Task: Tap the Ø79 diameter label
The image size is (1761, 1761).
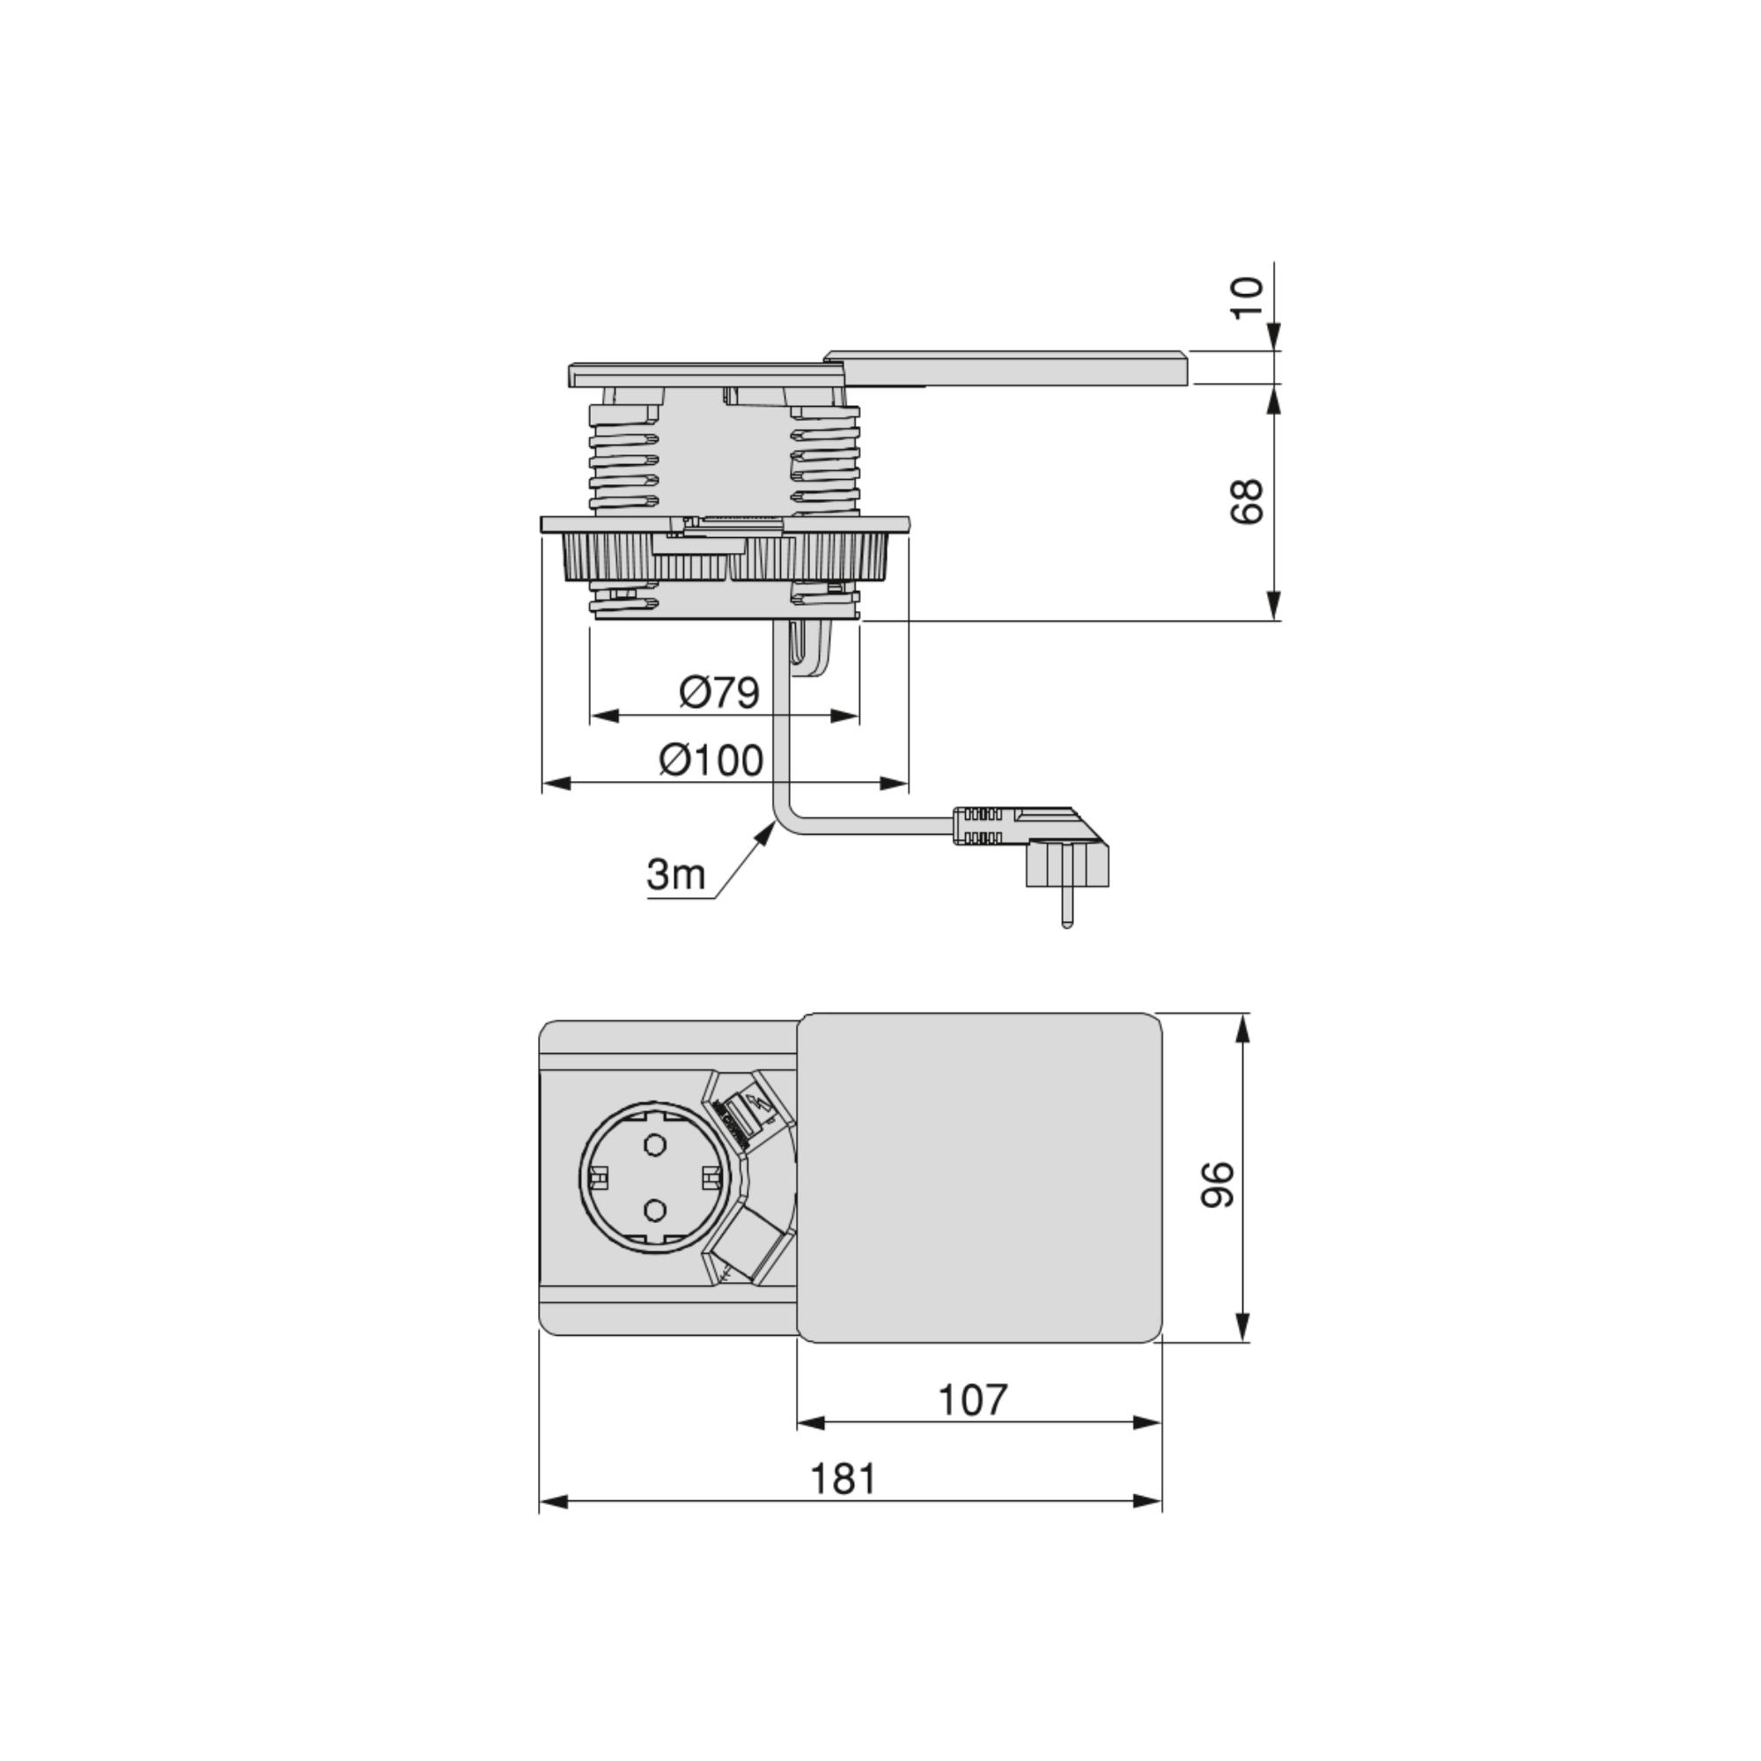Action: (719, 693)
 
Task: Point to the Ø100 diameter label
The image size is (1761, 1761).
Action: (711, 760)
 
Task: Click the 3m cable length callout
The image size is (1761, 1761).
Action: (676, 874)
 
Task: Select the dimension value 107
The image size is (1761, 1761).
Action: (974, 1400)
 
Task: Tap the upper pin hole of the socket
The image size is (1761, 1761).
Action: (653, 1145)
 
